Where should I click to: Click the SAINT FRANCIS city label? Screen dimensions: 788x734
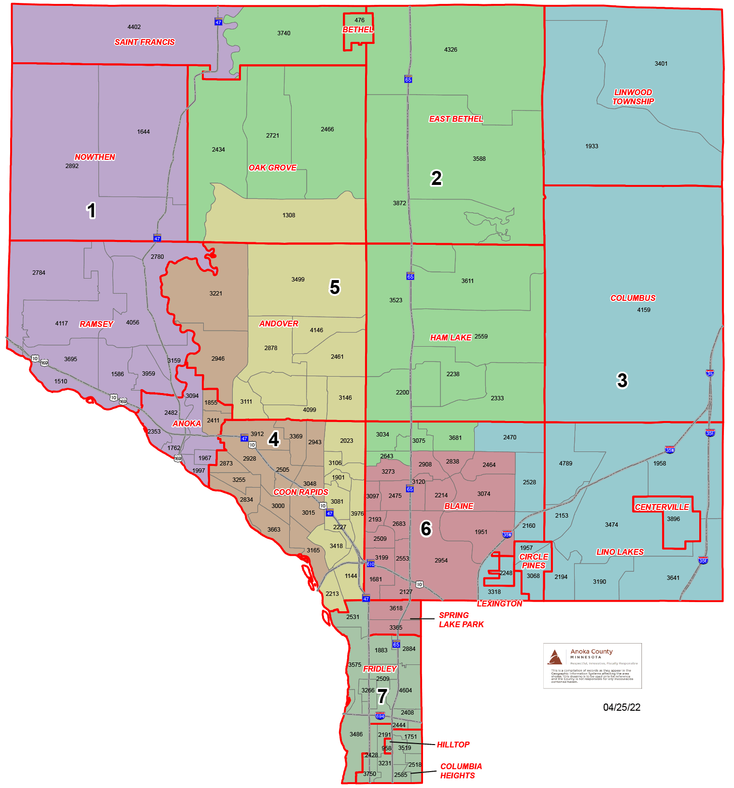pos(144,42)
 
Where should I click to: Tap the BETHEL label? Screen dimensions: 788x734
pos(358,29)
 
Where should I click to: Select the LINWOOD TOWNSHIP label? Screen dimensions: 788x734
pos(633,97)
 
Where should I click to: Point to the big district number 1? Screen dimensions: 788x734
pos(91,211)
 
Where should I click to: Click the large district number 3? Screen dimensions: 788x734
pos(622,380)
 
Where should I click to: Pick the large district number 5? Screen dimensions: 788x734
pos(335,287)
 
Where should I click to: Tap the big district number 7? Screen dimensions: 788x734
pos(382,696)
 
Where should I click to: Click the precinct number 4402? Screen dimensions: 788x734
pos(134,27)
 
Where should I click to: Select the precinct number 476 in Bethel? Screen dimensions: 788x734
pos(360,20)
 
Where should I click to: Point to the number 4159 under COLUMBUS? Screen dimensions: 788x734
pos(644,310)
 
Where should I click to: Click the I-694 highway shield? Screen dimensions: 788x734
pos(380,716)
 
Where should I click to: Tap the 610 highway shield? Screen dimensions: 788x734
pos(370,563)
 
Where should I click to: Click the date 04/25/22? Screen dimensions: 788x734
pos(621,707)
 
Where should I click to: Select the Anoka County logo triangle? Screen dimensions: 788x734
pos(555,657)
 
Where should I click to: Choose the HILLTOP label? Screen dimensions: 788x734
pos(453,745)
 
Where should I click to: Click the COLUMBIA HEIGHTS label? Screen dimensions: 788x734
pos(461,771)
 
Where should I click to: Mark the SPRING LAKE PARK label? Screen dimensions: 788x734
pos(461,619)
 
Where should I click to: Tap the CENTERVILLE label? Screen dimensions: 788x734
pos(662,507)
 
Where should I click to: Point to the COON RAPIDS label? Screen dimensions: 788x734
pos(301,492)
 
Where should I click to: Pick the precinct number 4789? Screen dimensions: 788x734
pos(565,464)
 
